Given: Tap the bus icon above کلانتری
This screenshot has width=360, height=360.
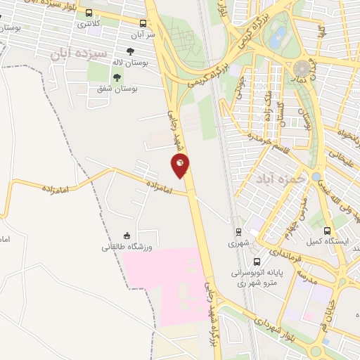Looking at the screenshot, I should pyautogui.click(x=89, y=13).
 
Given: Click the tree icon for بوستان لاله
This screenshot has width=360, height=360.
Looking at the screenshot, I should pyautogui.click(x=130, y=51).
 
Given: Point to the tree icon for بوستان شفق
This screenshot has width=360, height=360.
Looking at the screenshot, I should pyautogui.click(x=117, y=77).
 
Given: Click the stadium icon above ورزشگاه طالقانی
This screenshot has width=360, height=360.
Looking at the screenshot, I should pyautogui.click(x=127, y=236).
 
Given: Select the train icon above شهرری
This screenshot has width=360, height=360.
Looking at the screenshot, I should pyautogui.click(x=238, y=231).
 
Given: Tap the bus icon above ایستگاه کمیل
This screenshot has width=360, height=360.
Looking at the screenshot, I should pyautogui.click(x=327, y=231).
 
